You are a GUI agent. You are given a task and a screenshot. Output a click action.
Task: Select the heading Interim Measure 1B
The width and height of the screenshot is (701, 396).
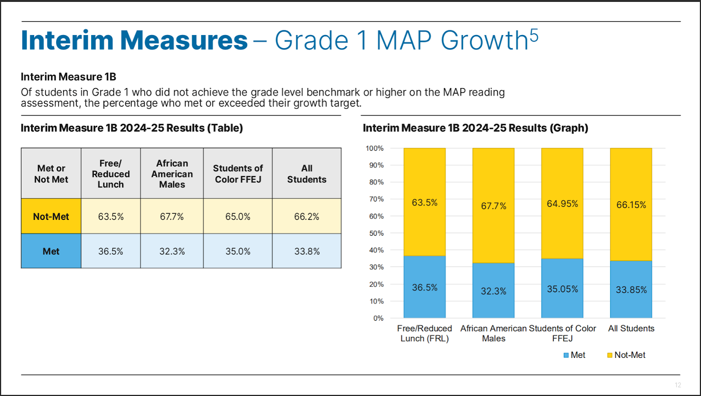(68, 77)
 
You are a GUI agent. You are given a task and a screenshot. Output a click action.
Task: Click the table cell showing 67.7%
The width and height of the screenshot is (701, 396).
(172, 216)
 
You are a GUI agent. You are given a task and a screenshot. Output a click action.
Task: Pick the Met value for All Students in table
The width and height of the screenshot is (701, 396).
(307, 251)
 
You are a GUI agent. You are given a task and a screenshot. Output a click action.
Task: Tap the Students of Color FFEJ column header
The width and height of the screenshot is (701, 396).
(238, 174)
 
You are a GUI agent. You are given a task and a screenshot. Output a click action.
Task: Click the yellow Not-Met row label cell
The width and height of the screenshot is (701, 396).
(51, 216)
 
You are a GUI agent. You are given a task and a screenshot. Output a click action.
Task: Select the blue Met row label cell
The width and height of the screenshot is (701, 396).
(51, 251)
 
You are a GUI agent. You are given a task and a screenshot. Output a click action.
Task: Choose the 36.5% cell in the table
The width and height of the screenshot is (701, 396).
(110, 251)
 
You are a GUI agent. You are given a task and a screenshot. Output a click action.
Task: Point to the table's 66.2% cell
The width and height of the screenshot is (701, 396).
(307, 216)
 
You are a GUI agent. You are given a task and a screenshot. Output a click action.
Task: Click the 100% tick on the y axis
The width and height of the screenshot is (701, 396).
(375, 148)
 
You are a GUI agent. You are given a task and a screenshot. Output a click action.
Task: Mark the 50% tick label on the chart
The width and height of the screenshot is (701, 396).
(376, 233)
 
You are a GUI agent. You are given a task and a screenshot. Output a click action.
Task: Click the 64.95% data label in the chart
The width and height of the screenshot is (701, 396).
(562, 204)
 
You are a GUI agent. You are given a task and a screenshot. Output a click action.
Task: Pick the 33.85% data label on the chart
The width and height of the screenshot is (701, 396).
(631, 290)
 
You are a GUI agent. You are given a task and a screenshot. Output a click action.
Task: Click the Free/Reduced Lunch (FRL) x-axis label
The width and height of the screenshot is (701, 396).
(424, 333)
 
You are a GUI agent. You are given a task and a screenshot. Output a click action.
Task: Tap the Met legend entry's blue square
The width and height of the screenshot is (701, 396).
(566, 355)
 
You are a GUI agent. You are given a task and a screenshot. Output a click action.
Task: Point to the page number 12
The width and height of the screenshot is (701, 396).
(678, 385)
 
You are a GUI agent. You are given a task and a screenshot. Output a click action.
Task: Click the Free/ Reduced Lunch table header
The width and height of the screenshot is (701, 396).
(110, 174)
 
